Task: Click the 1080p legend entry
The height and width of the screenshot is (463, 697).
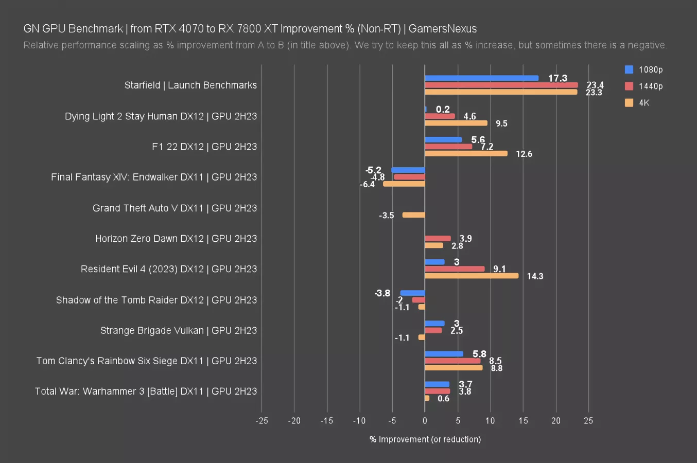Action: pyautogui.click(x=644, y=69)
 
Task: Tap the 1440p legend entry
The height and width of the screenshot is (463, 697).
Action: pyautogui.click(x=644, y=86)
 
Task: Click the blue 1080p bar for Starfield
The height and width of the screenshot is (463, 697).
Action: pyautogui.click(x=481, y=78)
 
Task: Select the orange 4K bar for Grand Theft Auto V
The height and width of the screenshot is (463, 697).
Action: pyautogui.click(x=414, y=215)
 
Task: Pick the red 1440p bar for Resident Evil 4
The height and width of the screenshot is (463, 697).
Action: pyautogui.click(x=455, y=269)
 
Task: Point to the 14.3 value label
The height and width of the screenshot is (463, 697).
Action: pyautogui.click(x=535, y=276)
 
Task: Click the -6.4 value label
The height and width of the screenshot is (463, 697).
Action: pyautogui.click(x=368, y=184)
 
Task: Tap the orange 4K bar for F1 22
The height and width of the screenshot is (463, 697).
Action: pyautogui.click(x=466, y=153)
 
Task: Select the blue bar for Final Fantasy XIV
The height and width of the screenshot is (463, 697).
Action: pyautogui.click(x=408, y=170)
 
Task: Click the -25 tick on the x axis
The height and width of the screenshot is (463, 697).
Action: pyautogui.click(x=262, y=421)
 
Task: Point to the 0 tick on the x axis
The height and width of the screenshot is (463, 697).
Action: pyautogui.click(x=425, y=421)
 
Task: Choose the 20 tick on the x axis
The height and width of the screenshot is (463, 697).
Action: pyautogui.click(x=555, y=421)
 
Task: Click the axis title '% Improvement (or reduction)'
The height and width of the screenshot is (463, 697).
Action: pyautogui.click(x=425, y=439)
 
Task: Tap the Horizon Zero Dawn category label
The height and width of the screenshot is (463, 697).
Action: pyautogui.click(x=176, y=239)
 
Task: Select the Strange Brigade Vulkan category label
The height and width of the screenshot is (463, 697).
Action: pyautogui.click(x=178, y=330)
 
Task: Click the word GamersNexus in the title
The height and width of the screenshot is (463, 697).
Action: pyautogui.click(x=443, y=29)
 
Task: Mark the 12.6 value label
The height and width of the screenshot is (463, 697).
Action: pyautogui.click(x=524, y=154)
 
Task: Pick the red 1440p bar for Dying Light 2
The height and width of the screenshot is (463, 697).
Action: pyautogui.click(x=440, y=116)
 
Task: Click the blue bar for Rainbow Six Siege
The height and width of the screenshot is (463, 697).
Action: pyautogui.click(x=444, y=354)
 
